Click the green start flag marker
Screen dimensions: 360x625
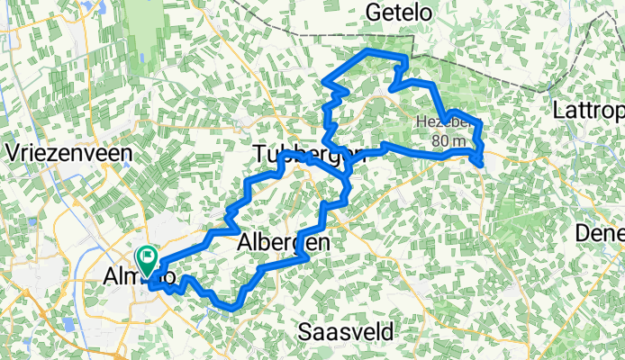146,259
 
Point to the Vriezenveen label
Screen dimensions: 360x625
68,152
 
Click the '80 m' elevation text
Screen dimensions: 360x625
448,140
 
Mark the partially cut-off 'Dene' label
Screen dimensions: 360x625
600,233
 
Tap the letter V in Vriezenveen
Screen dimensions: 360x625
13,152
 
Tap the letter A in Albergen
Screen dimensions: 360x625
246,242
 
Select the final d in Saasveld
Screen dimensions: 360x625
388,331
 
